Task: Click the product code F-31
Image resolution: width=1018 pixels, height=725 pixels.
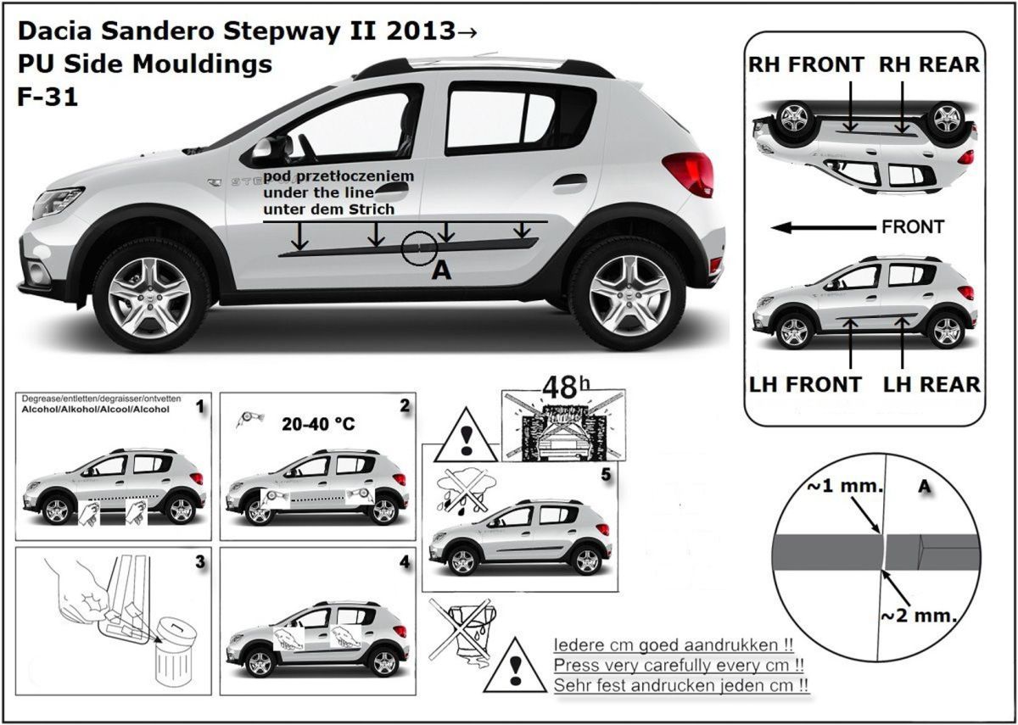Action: click(48, 97)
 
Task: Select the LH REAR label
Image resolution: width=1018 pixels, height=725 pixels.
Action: click(931, 384)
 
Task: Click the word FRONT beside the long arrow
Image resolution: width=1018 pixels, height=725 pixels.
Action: click(913, 227)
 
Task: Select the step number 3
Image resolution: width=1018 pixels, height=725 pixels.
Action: click(200, 561)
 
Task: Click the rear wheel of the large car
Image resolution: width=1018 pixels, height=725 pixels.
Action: click(627, 293)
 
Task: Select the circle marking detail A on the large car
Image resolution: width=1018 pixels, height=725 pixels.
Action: click(420, 247)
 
